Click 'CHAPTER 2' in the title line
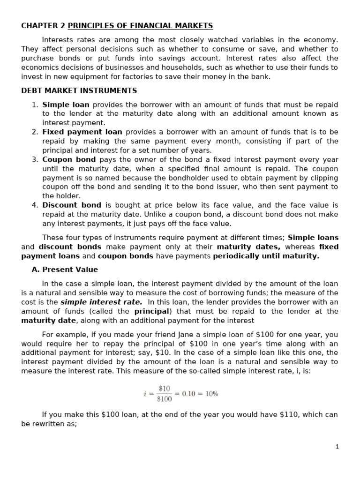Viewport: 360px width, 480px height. [40, 26]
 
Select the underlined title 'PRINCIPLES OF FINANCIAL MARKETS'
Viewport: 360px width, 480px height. [137, 26]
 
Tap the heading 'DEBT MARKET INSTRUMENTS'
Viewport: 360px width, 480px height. [79, 90]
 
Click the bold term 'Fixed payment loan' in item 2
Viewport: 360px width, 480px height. [82, 132]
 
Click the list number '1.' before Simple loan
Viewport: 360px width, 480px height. [35, 105]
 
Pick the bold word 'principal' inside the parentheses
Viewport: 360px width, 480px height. [152, 311]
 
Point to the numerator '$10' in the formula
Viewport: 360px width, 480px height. [165, 389]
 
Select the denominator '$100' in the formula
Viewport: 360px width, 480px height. [165, 399]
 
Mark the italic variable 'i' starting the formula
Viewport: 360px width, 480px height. [145, 394]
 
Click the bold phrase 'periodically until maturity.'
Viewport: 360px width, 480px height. [266, 256]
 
